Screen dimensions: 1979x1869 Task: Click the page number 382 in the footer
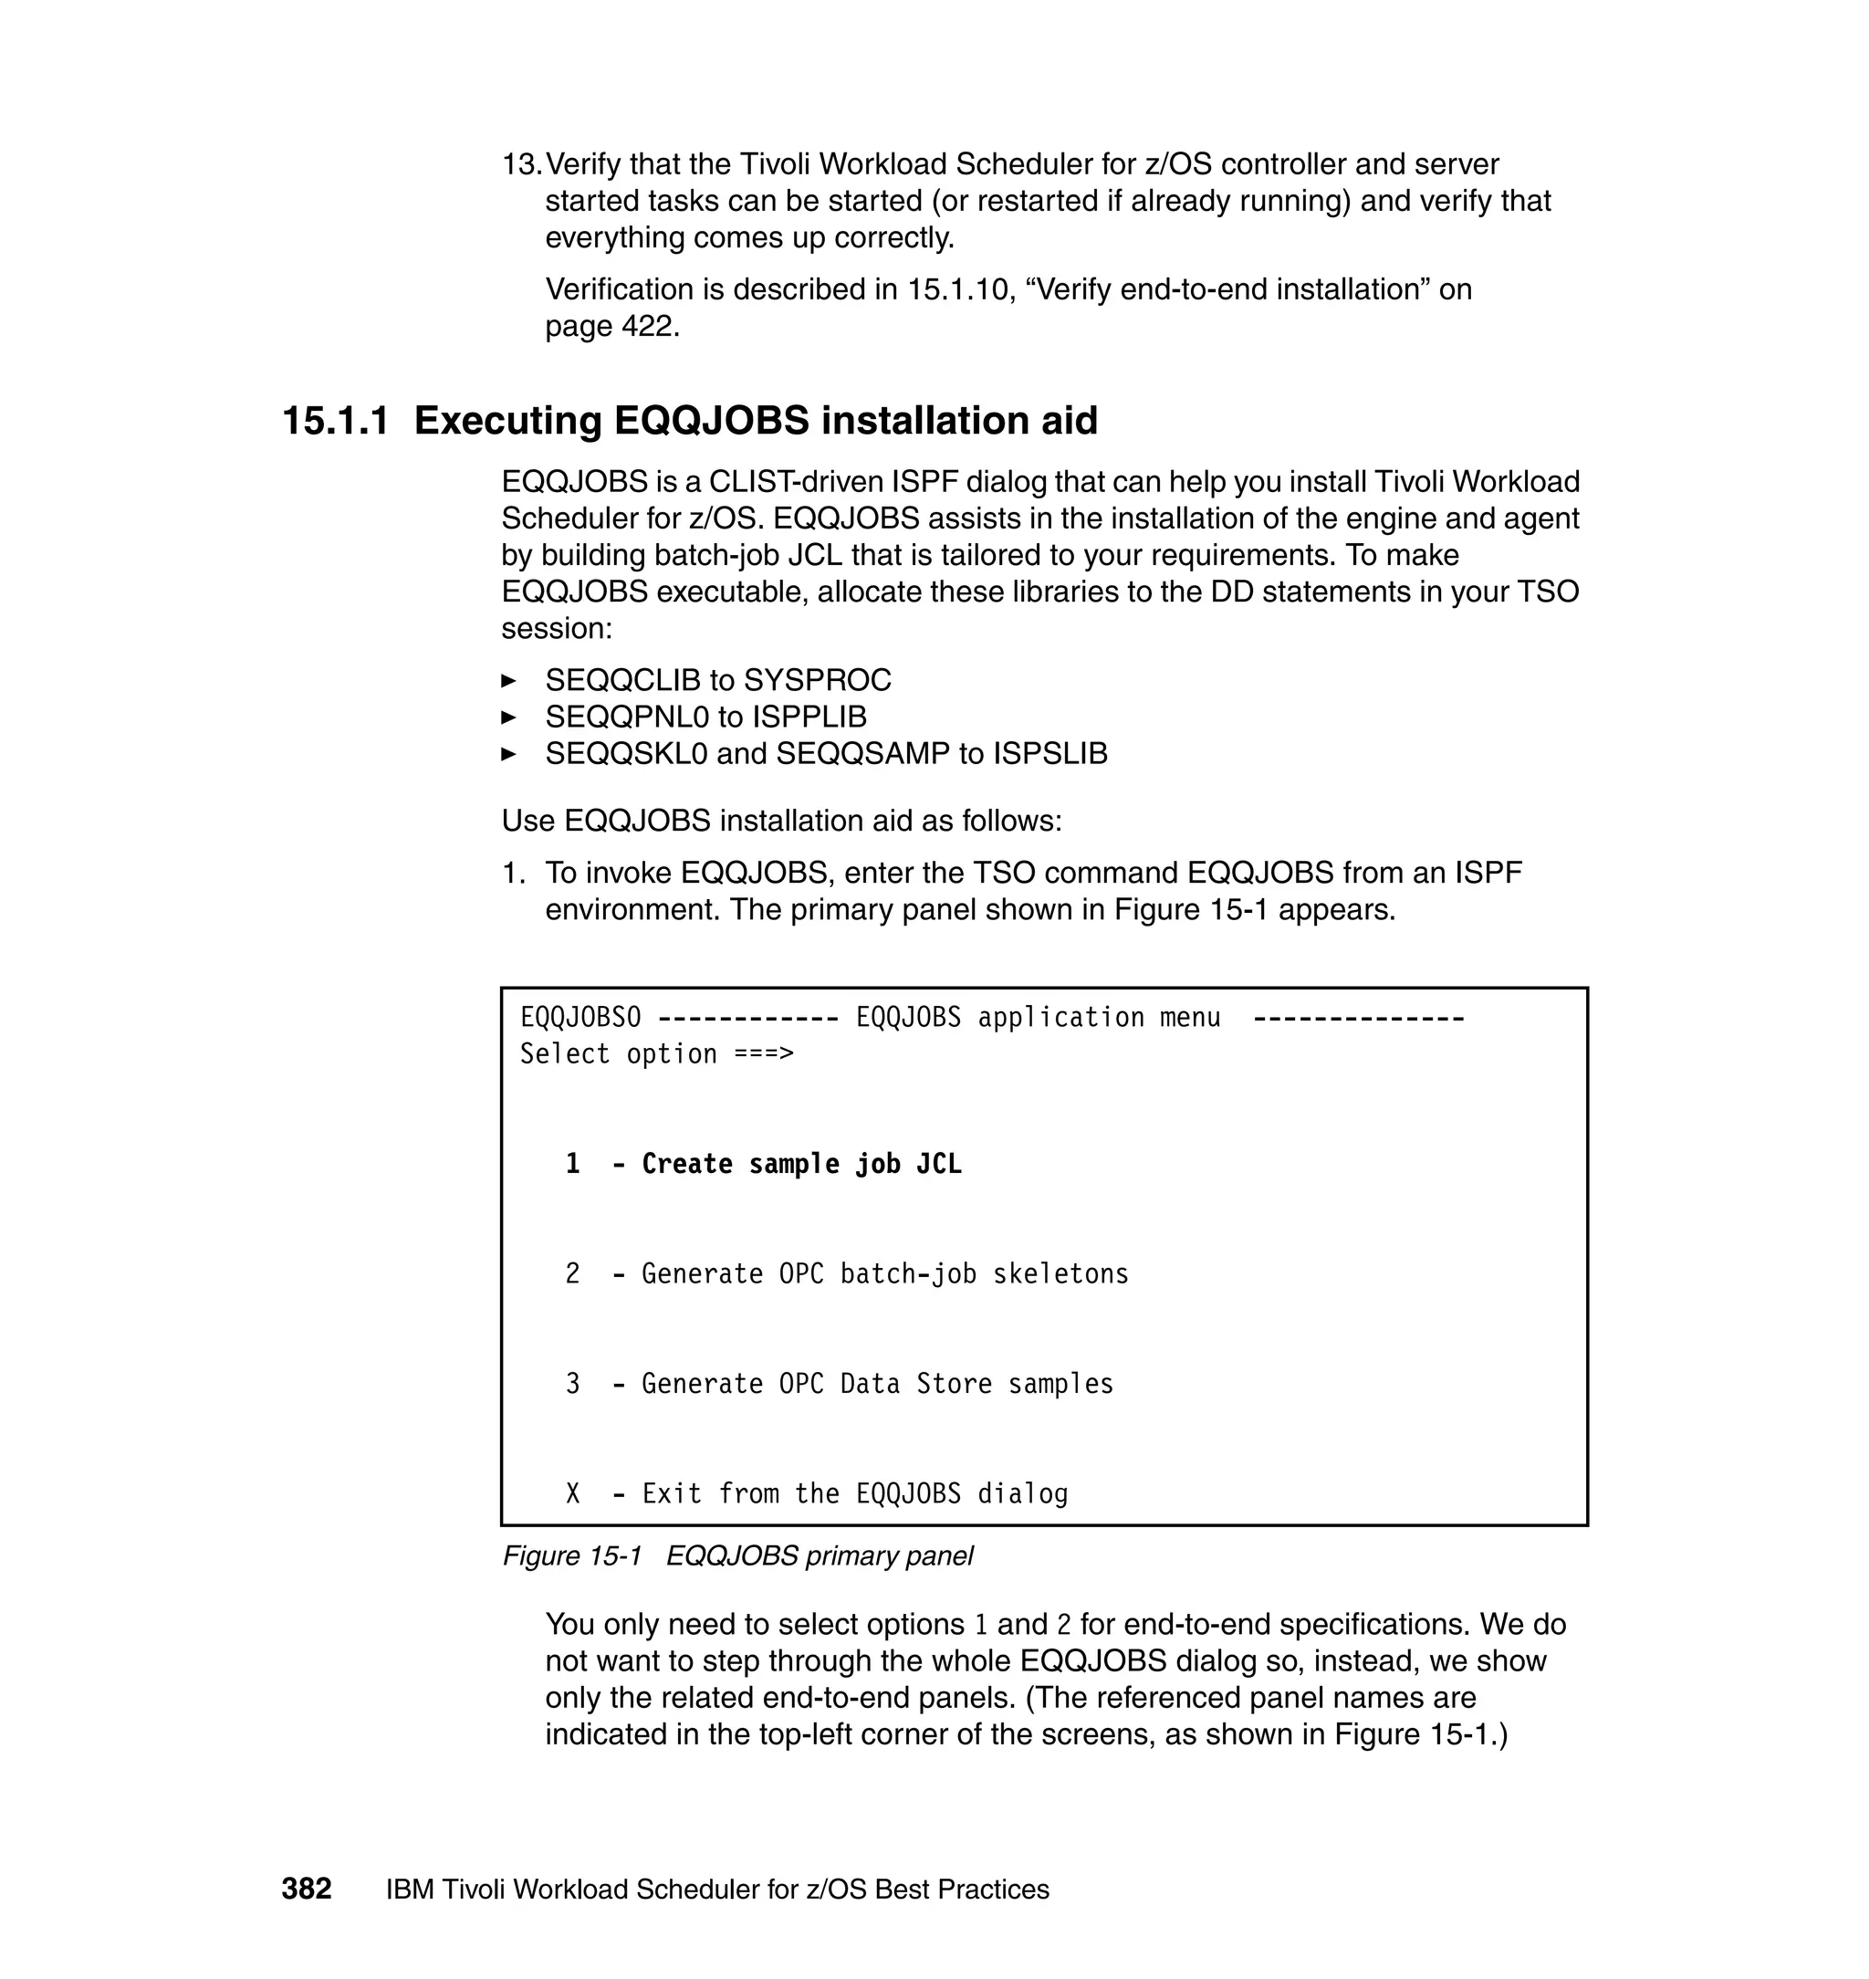306,1889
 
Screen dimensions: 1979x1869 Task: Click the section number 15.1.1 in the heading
335,421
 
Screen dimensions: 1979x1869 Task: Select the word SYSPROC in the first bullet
817,681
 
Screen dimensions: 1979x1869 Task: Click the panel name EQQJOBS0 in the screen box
580,1018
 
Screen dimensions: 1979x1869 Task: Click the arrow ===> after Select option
763,1054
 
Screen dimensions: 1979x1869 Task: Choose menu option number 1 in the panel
573,1164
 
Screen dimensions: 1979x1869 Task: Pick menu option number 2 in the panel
573,1273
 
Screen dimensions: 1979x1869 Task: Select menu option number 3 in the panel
573,1383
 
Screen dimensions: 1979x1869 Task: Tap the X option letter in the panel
573,1492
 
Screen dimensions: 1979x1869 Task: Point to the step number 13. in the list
521,164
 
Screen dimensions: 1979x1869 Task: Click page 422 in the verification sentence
611,327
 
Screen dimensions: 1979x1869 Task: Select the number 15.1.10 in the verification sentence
957,290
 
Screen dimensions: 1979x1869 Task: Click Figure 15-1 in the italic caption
572,1555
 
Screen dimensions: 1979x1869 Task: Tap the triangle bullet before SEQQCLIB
509,682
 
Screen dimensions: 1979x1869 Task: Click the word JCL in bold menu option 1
938,1164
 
